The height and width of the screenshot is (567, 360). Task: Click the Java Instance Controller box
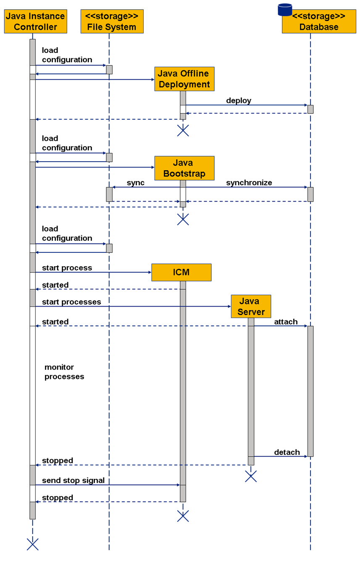point(35,21)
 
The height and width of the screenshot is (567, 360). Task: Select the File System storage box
point(112,21)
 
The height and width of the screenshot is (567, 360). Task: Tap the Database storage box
point(319,21)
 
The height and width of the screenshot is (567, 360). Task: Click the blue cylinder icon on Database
point(285,10)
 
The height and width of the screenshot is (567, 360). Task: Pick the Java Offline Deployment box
point(184,79)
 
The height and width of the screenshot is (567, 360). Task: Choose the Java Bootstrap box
point(184,168)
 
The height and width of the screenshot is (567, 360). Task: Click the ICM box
point(181,272)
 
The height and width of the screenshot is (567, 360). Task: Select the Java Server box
point(251,306)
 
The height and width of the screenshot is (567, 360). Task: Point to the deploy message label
point(239,100)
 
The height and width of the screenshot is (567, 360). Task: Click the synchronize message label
point(249,183)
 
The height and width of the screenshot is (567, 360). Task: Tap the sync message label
point(135,183)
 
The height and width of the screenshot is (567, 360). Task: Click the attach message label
point(286,322)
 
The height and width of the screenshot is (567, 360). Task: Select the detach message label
point(287,452)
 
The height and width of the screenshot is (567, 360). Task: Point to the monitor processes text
point(64,372)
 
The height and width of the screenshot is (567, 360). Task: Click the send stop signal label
point(73,480)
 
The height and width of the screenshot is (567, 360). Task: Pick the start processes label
point(71,302)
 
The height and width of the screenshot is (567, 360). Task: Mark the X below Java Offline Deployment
point(183,130)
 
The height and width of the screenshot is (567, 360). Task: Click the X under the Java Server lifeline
point(251,476)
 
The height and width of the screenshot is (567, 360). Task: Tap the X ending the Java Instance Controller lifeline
point(33,544)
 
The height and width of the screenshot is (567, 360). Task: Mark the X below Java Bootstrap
point(183,219)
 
